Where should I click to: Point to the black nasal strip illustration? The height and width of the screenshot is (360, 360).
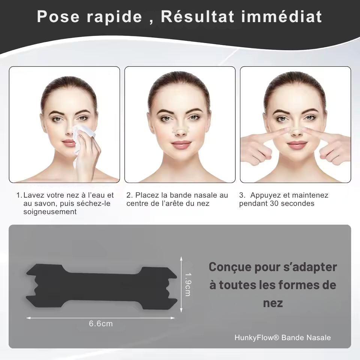pos(101,286)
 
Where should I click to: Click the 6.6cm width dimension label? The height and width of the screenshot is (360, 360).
pos(100,323)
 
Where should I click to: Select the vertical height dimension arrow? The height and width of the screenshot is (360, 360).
pos(181,284)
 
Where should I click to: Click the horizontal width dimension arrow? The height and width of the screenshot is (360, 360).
pos(100,318)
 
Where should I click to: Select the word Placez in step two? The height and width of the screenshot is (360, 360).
pos(147,195)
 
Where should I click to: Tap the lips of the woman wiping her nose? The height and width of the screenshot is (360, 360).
pos(69,143)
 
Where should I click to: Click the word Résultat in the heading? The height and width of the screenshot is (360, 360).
pos(197,16)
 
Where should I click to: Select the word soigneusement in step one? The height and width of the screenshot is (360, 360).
pos(50,212)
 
